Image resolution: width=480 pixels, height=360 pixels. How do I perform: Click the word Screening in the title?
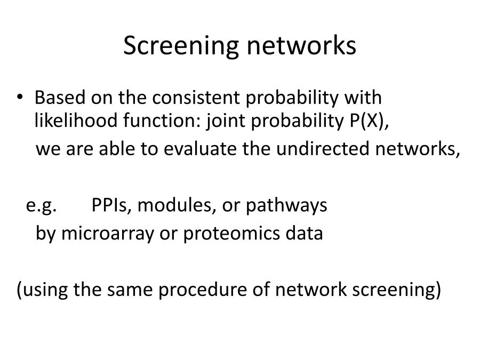pos(181,46)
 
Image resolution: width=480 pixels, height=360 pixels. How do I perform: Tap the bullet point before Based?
pos(20,97)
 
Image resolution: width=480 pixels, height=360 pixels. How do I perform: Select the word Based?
pos(60,98)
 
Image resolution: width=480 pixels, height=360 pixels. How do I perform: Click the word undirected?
pos(323,148)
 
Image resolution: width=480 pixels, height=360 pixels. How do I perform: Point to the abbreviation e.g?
pos(41,205)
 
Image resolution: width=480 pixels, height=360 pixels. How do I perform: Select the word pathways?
pos(286,205)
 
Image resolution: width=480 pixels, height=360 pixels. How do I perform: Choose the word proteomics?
pos(231,234)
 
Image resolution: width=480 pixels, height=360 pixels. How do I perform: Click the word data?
pos(305,233)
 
